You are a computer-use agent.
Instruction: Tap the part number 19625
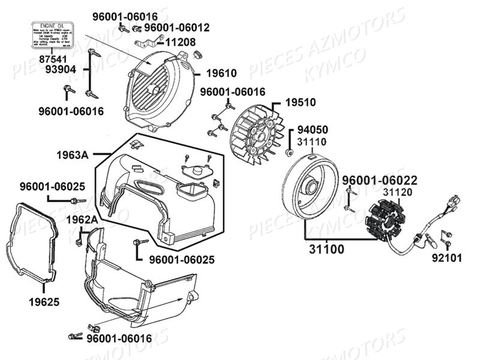44,301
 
